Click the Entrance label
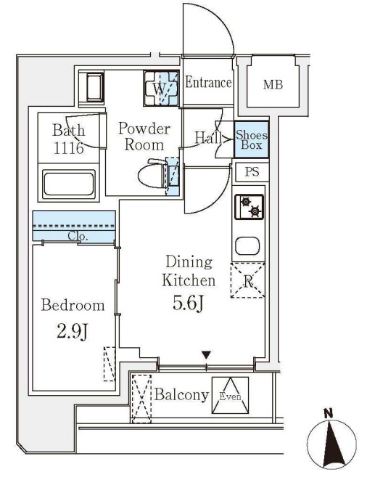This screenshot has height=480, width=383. (208, 83)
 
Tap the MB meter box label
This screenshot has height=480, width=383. (273, 84)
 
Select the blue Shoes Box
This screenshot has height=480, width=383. (252, 139)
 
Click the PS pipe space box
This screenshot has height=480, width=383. (252, 171)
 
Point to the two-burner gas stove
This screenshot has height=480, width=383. (249, 207)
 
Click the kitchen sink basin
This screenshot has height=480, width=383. (247, 246)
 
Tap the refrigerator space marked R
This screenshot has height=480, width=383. (247, 280)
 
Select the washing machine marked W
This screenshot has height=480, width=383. (161, 89)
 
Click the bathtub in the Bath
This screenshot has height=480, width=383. (68, 184)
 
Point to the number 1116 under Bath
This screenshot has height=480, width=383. (69, 148)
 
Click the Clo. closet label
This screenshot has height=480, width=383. (78, 236)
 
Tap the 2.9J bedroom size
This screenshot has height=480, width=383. (73, 332)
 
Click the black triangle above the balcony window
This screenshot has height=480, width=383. (207, 355)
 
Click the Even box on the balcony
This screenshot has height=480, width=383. (230, 395)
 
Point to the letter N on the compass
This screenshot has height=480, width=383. (329, 414)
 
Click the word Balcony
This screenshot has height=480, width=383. (181, 395)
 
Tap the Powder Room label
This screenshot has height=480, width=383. (144, 137)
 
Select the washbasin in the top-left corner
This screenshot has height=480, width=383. (94, 86)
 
